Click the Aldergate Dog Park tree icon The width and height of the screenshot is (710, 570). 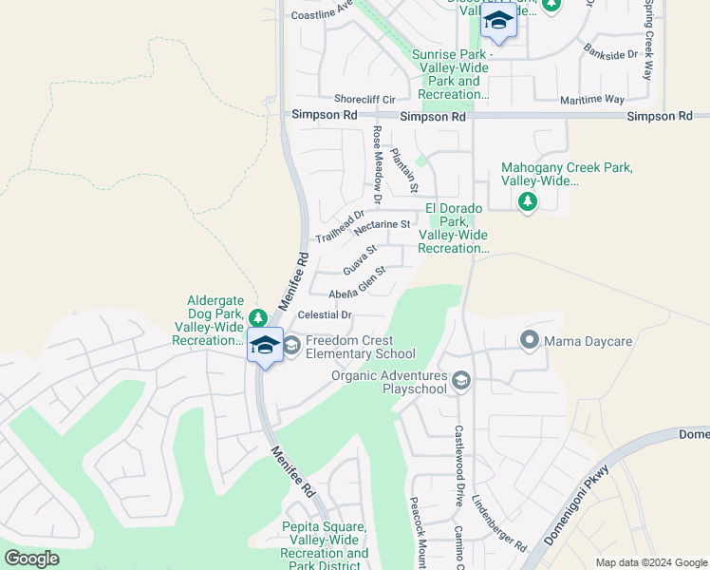click(x=257, y=315)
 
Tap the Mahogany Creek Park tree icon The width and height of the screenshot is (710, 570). click(x=528, y=201)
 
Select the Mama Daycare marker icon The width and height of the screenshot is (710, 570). click(x=529, y=339)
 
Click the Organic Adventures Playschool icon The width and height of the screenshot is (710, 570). click(x=461, y=381)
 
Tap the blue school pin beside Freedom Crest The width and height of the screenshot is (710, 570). click(x=266, y=346)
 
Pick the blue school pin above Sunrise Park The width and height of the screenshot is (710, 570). click(x=498, y=21)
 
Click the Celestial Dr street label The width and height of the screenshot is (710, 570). click(x=325, y=314)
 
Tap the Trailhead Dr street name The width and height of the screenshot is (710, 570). click(x=340, y=225)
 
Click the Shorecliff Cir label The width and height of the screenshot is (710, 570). click(x=364, y=99)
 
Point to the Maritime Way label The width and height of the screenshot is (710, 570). click(x=596, y=99)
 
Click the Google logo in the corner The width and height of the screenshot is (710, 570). click(x=32, y=559)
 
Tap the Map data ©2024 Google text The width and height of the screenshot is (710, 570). click(x=650, y=562)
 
